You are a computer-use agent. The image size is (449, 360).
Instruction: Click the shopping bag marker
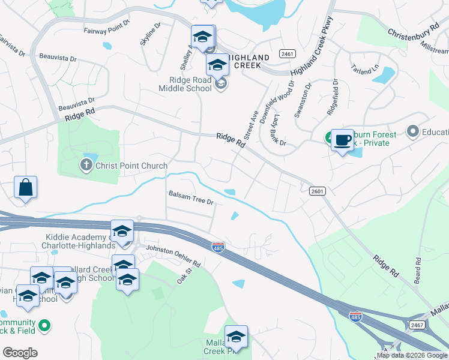pos(26,187)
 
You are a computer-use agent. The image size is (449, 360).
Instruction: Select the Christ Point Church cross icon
pos(86,165)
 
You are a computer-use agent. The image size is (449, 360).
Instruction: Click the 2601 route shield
pos(318,191)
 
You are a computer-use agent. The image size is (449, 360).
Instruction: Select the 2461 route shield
pos(288,54)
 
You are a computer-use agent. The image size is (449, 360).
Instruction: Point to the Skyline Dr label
pos(150,35)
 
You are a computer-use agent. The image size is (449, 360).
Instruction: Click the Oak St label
pos(184,277)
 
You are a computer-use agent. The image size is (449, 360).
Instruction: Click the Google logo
pos(20,353)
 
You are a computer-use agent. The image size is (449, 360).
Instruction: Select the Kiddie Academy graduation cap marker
pos(122,232)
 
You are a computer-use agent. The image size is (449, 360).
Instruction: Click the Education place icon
pos(412,131)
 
